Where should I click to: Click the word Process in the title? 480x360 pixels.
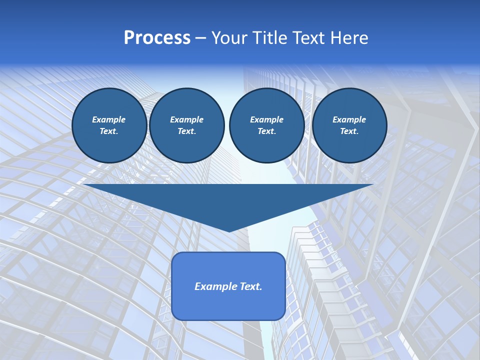(157, 38)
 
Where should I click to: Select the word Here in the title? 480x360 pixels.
(349, 38)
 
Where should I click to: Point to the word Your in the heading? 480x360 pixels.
(229, 38)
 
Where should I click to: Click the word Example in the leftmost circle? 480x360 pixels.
(109, 119)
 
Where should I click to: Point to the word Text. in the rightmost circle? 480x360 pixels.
(349, 131)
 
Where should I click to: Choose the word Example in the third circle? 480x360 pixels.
(266, 119)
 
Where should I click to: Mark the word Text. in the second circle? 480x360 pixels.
(186, 131)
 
